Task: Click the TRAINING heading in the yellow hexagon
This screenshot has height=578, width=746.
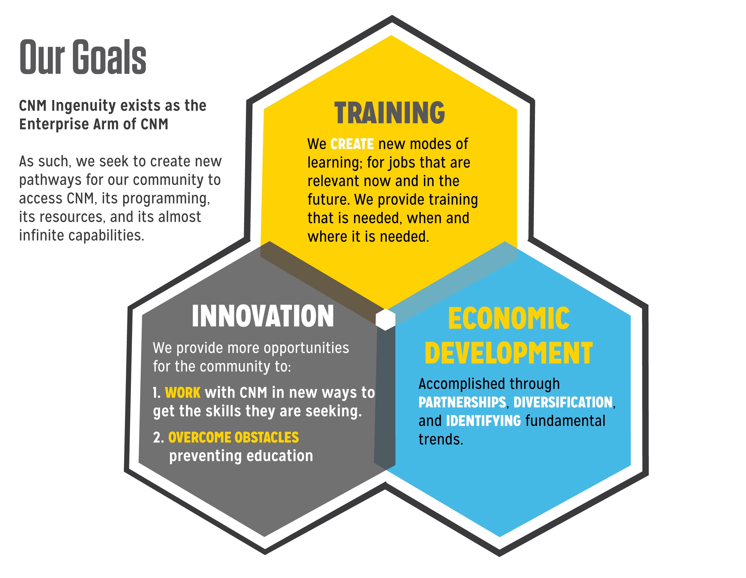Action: (x=390, y=113)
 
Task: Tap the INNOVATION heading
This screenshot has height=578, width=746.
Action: (x=263, y=316)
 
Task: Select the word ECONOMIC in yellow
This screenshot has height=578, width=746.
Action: (x=509, y=318)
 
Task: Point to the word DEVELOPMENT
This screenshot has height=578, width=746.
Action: (x=509, y=353)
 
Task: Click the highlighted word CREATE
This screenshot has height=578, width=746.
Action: (x=352, y=144)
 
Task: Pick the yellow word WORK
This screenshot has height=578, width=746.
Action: (x=183, y=393)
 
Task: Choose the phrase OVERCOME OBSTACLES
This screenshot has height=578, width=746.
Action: (x=234, y=438)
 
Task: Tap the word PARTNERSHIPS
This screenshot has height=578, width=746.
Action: (x=462, y=402)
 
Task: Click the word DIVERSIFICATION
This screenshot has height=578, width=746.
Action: (x=563, y=402)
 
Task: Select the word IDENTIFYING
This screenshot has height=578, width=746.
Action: (x=484, y=421)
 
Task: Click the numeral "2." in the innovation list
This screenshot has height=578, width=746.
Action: (x=159, y=438)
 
